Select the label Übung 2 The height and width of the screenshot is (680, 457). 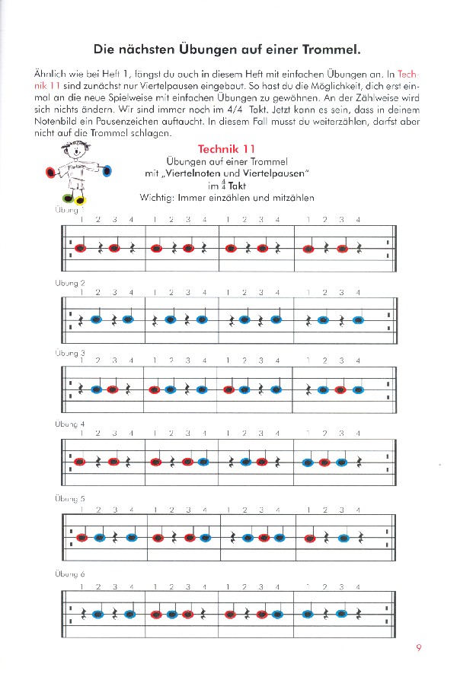point(70,282)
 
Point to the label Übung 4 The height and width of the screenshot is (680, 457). point(70,424)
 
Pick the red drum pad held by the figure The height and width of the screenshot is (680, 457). point(50,173)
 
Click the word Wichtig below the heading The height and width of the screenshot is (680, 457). point(157,197)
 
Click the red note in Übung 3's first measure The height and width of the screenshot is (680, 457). point(113,389)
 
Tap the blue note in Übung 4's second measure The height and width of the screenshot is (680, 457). point(205,462)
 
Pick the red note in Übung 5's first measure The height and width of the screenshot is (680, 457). point(81,538)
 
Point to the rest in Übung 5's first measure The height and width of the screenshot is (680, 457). point(115,538)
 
